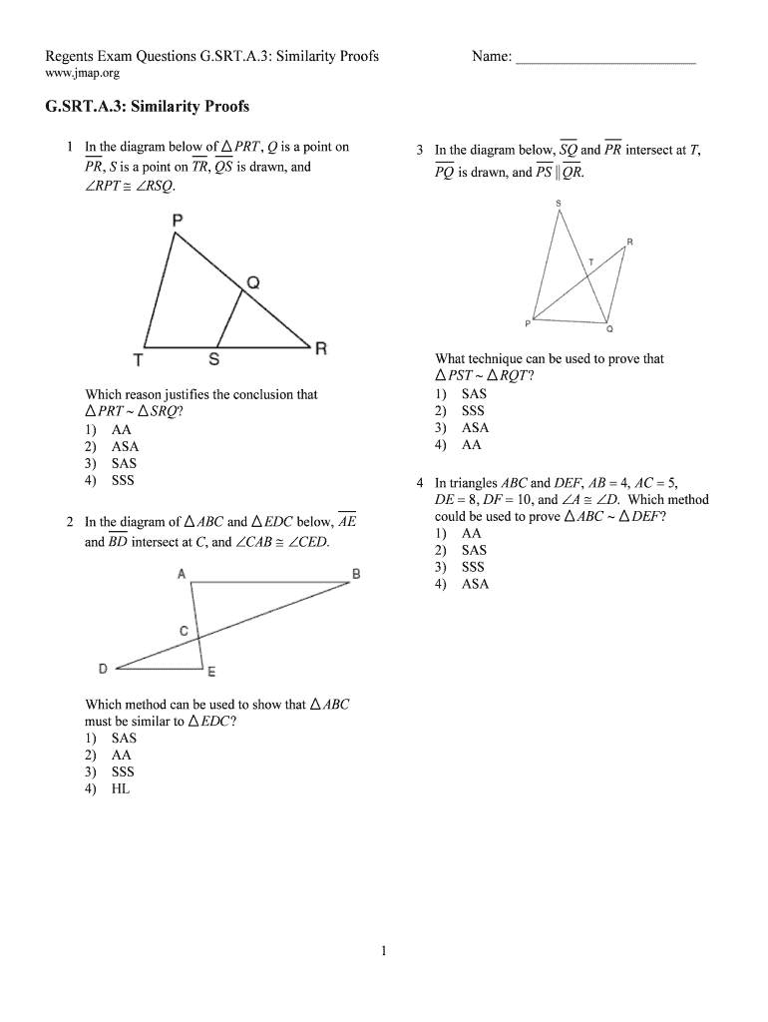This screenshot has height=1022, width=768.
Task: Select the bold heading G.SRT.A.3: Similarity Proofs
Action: coord(147,107)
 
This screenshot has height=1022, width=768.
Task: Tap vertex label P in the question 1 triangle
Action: coord(177,221)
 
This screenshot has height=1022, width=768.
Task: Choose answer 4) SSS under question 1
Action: coord(110,480)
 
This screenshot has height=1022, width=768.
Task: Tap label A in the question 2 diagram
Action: coord(182,574)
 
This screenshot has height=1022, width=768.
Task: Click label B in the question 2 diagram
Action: coord(356,574)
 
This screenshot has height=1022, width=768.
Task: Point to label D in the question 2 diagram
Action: coord(104,668)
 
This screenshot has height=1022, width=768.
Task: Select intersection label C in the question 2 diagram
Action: coord(184,631)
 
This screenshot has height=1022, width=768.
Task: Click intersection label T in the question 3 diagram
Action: coord(590,261)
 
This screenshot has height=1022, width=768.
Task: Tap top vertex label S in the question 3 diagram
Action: coord(559,205)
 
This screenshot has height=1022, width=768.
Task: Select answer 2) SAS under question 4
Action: coord(461,550)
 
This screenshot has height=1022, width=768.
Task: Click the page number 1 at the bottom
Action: coord(383,951)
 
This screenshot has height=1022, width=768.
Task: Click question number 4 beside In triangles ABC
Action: coord(421,483)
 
